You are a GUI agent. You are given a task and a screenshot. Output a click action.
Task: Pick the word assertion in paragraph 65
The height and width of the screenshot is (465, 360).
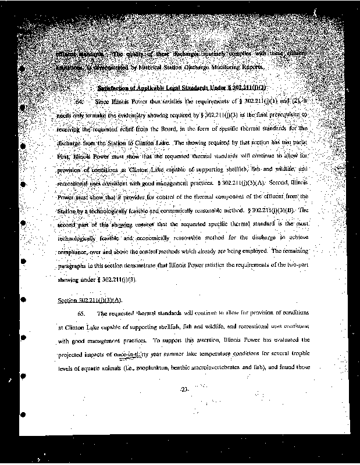(x=197, y=341)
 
